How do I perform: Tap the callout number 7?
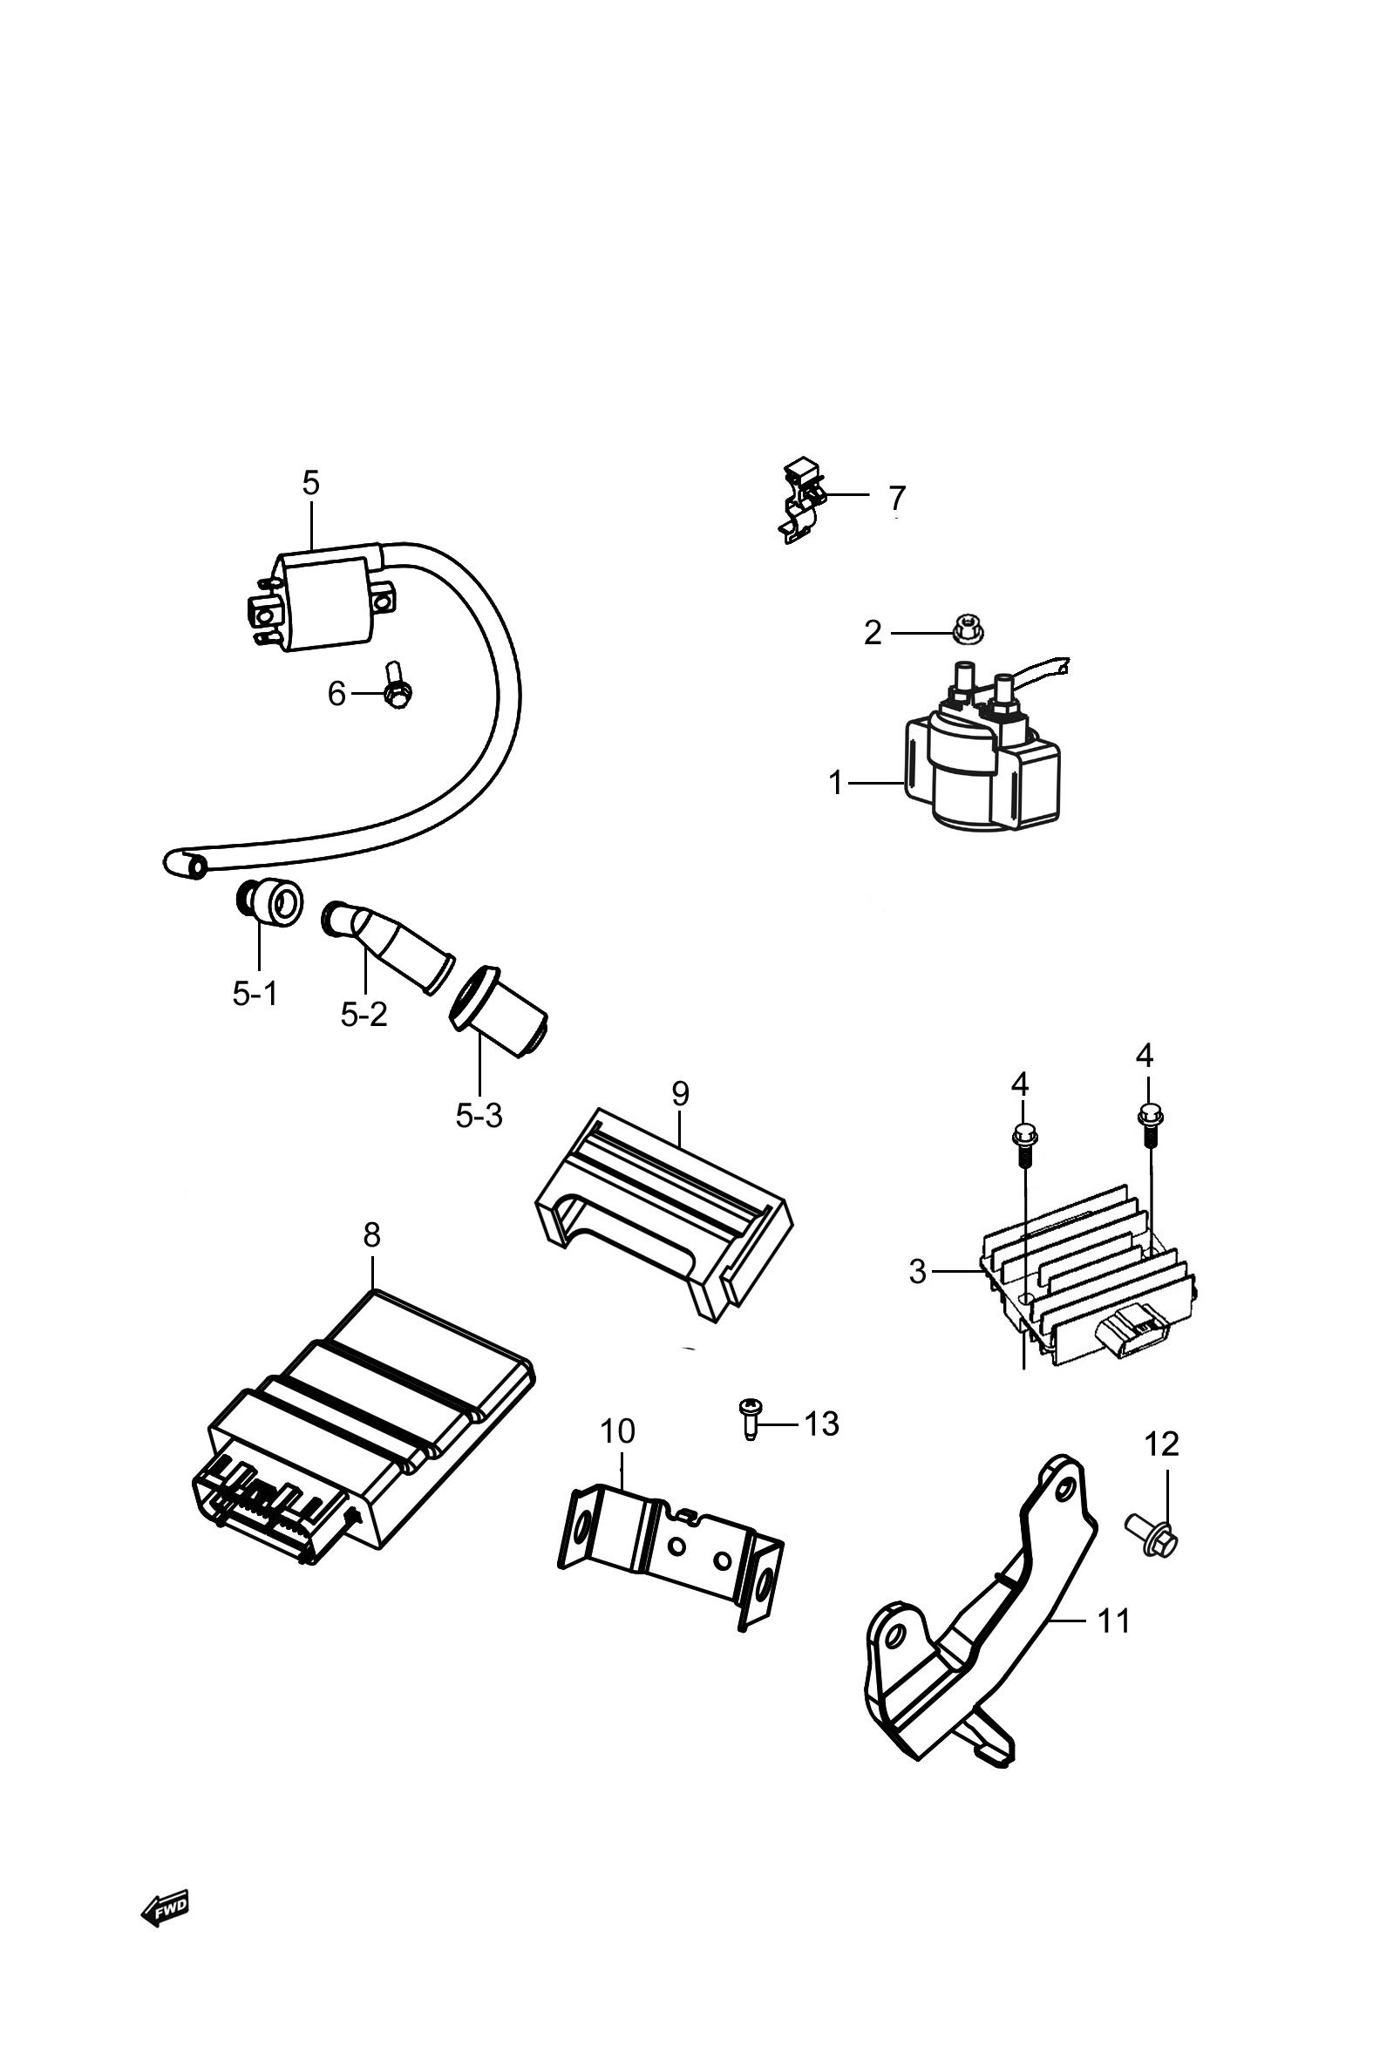pos(897,497)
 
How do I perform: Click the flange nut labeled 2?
pos(964,629)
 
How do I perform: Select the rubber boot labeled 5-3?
pos(498,1009)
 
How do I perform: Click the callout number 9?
pos(680,1092)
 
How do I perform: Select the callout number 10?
pos(617,1431)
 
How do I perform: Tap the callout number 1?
pos(836,783)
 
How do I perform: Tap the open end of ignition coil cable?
pos(198,866)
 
